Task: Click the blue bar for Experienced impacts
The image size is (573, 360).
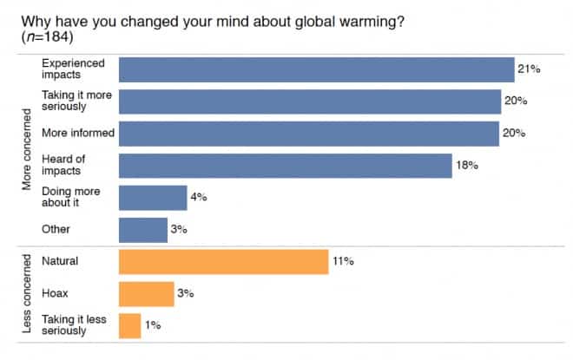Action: click(316, 69)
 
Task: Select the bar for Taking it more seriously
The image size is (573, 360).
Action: click(309, 101)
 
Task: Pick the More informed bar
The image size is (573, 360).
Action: click(308, 134)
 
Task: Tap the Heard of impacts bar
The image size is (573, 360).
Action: click(285, 166)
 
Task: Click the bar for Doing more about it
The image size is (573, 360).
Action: click(152, 198)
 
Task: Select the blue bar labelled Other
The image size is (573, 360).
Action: click(142, 230)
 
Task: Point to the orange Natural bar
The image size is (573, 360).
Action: click(223, 261)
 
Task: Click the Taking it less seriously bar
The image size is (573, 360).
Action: click(129, 325)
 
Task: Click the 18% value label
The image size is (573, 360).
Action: click(467, 166)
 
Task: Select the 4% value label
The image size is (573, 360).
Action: click(198, 198)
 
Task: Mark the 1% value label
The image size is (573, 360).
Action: click(151, 325)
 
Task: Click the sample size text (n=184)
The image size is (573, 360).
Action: click(43, 38)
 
